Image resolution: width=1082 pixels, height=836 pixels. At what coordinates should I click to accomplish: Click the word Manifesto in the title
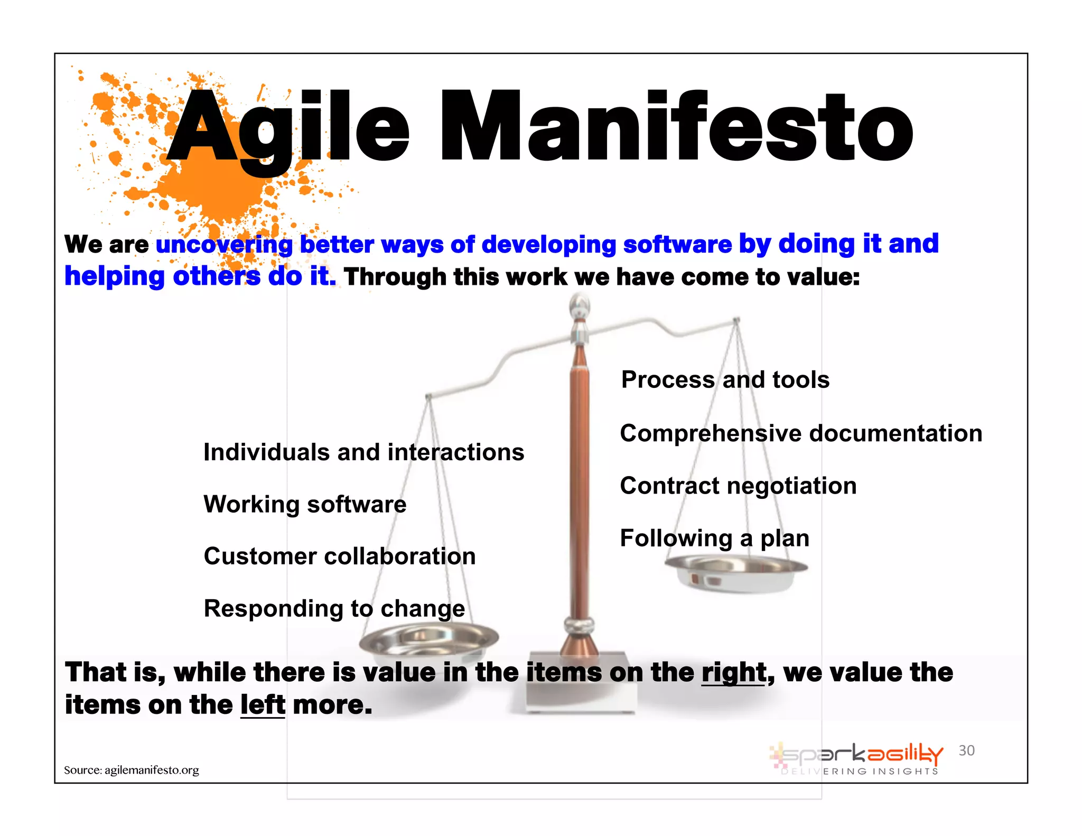tap(676, 127)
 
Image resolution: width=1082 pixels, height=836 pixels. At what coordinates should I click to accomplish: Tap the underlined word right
tap(733, 673)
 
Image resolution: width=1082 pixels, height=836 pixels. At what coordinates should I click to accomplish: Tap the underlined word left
tap(263, 705)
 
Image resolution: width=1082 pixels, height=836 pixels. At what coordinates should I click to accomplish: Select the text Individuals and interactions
tap(363, 452)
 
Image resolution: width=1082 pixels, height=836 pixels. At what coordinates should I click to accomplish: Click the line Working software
tap(305, 504)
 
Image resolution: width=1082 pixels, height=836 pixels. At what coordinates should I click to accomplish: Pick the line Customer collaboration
tap(340, 556)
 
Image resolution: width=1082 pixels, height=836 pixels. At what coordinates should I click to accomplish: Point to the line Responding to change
tap(334, 609)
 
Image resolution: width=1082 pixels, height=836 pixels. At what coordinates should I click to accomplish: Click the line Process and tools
tap(725, 380)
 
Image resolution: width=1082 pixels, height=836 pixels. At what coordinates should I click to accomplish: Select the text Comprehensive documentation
tap(800, 433)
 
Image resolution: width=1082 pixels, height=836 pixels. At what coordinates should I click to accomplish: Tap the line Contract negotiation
tap(738, 486)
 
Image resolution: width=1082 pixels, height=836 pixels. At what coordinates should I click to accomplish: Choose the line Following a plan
tap(714, 538)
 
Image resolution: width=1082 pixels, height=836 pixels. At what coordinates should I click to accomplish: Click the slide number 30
tap(966, 750)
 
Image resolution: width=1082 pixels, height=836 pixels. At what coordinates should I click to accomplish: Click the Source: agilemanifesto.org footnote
tap(132, 770)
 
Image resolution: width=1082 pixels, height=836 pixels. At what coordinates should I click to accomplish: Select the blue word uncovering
tap(224, 245)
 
